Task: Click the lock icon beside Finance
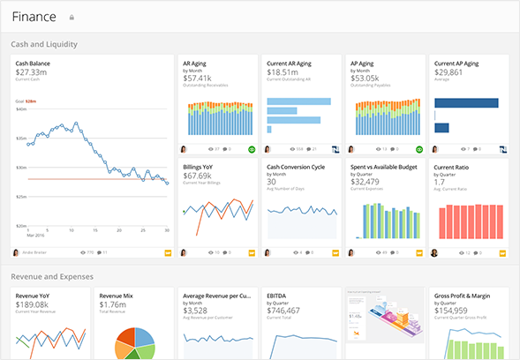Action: (72, 17)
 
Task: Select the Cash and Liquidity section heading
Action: (45, 43)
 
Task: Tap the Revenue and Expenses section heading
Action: (51, 277)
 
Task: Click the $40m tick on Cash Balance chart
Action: (22, 109)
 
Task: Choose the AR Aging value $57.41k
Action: (199, 78)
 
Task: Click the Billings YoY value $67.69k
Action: (200, 175)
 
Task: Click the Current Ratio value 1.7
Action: (439, 181)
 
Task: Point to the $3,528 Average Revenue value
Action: (196, 310)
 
